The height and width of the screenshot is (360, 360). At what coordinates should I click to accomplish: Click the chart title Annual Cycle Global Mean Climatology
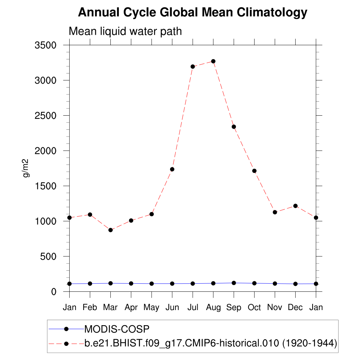[x=192, y=13]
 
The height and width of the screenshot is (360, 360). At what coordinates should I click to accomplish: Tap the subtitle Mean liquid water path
[x=125, y=31]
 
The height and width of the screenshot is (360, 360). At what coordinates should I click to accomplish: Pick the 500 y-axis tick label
[x=49, y=256]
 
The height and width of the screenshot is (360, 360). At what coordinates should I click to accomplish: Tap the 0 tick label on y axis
[x=54, y=292]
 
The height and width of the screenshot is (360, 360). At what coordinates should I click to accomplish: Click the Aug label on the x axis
[x=213, y=308]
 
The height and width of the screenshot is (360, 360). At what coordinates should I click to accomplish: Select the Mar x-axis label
[x=110, y=308]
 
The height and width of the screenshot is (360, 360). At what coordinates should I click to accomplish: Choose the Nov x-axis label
[x=275, y=308]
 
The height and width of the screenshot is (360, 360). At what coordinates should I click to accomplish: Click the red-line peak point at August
[x=213, y=61]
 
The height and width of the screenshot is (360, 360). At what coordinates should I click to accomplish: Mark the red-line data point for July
[x=193, y=66]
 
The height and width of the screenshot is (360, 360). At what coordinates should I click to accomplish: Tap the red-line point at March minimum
[x=110, y=230]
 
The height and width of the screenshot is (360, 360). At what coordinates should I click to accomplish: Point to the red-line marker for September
[x=234, y=127]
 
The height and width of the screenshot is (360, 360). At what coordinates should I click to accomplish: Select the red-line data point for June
[x=172, y=169]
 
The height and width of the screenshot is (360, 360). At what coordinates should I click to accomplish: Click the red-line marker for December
[x=295, y=206]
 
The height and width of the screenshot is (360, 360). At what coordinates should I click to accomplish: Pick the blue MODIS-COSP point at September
[x=234, y=283]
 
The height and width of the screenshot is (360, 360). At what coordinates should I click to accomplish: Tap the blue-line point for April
[x=131, y=283]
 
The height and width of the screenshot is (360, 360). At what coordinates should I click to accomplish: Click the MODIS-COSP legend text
[x=117, y=329]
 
